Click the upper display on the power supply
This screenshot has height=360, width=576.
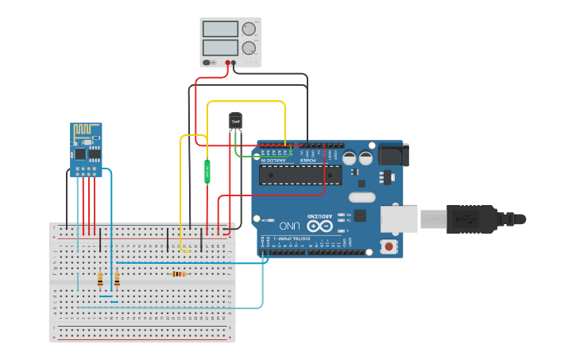(x=220, y=29)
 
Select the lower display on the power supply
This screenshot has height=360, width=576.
(x=220, y=48)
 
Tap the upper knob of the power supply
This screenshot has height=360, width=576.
(x=249, y=29)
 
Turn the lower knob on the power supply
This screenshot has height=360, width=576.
(x=249, y=48)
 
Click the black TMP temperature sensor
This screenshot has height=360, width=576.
(x=235, y=120)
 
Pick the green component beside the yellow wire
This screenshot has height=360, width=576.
(x=207, y=171)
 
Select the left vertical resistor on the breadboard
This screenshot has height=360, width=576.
(x=100, y=280)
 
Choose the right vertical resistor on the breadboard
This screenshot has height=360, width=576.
(x=117, y=279)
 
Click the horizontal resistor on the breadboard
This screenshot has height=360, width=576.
(x=179, y=274)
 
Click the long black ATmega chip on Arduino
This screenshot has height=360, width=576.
(x=301, y=175)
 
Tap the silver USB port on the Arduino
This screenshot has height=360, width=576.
(x=399, y=219)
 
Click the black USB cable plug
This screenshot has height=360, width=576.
(x=473, y=218)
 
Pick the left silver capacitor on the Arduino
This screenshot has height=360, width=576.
(x=349, y=158)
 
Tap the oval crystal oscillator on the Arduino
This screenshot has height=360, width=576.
(x=361, y=197)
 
